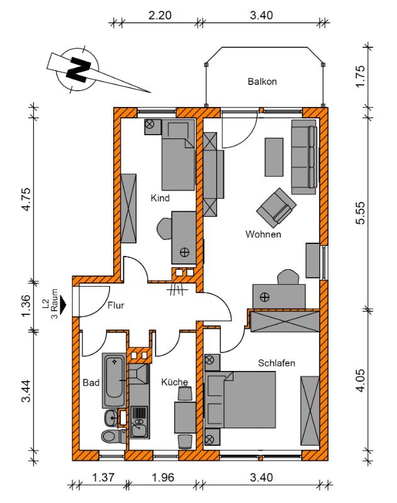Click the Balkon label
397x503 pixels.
(262, 82)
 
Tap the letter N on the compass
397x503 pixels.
(79, 69)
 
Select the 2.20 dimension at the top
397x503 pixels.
(160, 15)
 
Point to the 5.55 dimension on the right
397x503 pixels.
(360, 213)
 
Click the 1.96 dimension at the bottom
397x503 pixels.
(163, 478)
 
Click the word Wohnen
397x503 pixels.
(263, 234)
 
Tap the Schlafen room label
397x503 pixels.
(276, 363)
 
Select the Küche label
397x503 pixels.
(174, 382)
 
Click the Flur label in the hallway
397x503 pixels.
(116, 305)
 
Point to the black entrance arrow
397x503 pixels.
(62, 304)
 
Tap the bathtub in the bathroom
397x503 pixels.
(114, 380)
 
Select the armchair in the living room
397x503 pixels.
(276, 206)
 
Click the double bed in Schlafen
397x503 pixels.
(240, 400)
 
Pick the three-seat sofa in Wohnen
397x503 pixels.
(304, 157)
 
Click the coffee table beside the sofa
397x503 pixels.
(274, 157)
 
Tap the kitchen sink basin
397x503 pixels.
(140, 428)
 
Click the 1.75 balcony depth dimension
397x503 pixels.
(360, 75)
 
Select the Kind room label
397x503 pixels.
(160, 198)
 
